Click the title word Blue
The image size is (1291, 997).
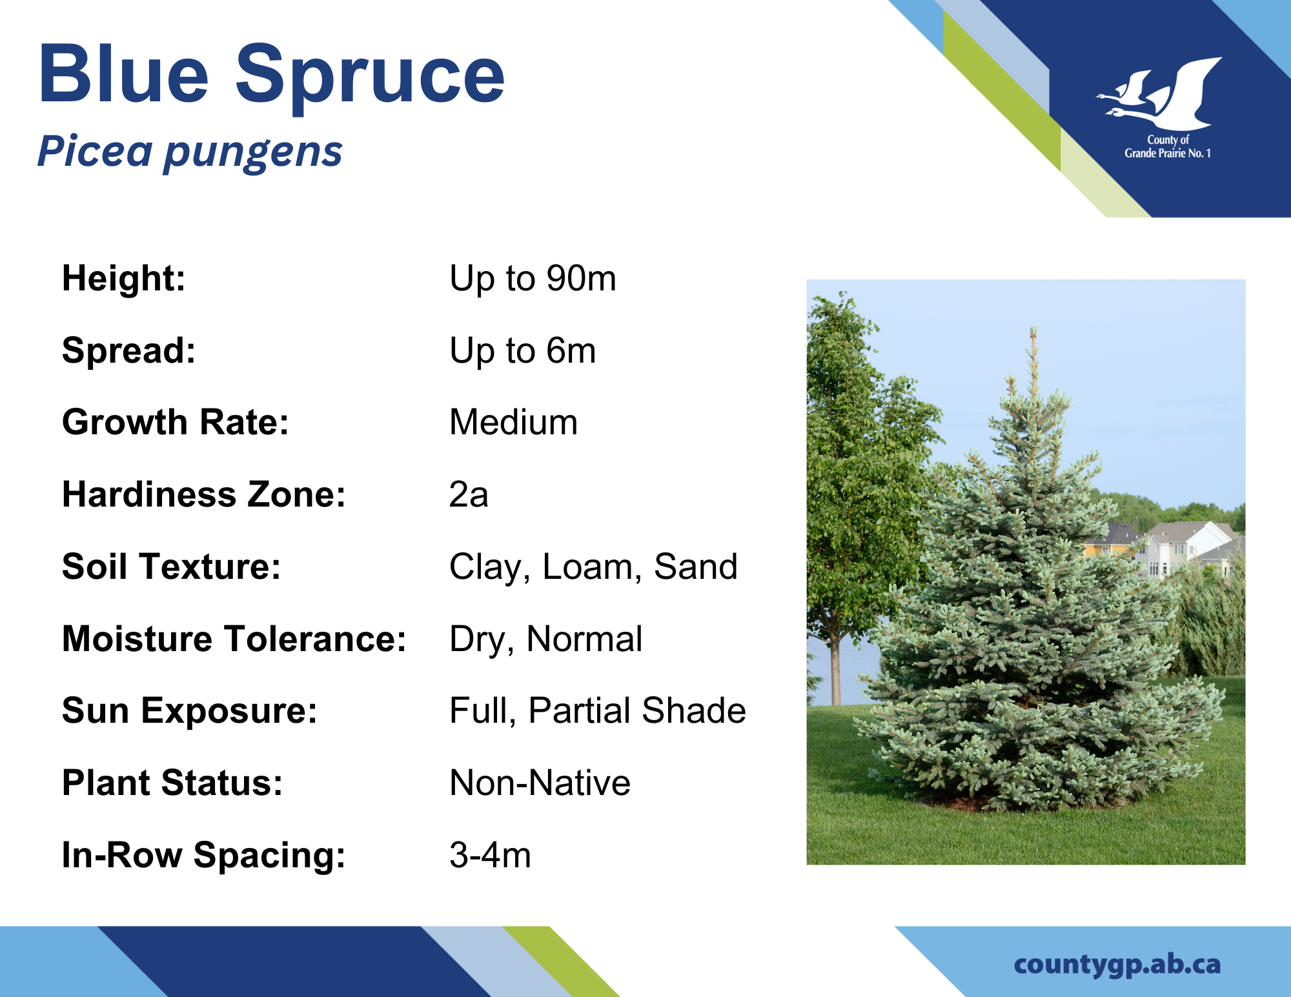pyautogui.click(x=123, y=74)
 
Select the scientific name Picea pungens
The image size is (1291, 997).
pyautogui.click(x=190, y=152)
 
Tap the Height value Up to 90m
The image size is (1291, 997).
pyautogui.click(x=533, y=279)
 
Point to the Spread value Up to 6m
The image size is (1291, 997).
pyautogui.click(x=522, y=351)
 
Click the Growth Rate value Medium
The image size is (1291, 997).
pyautogui.click(x=513, y=422)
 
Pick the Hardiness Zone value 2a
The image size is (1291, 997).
pyautogui.click(x=469, y=494)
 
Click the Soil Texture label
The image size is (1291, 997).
pyautogui.click(x=171, y=567)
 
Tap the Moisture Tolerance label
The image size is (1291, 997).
pyautogui.click(x=234, y=639)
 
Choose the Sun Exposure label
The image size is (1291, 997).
pyautogui.click(x=190, y=711)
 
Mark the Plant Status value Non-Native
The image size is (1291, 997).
pyautogui.click(x=540, y=783)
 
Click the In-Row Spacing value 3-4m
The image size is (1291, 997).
pyautogui.click(x=490, y=855)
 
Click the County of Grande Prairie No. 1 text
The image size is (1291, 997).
pyautogui.click(x=1168, y=146)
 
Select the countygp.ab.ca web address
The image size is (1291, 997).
pyautogui.click(x=1117, y=965)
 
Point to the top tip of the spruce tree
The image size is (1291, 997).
pyautogui.click(x=1033, y=327)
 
